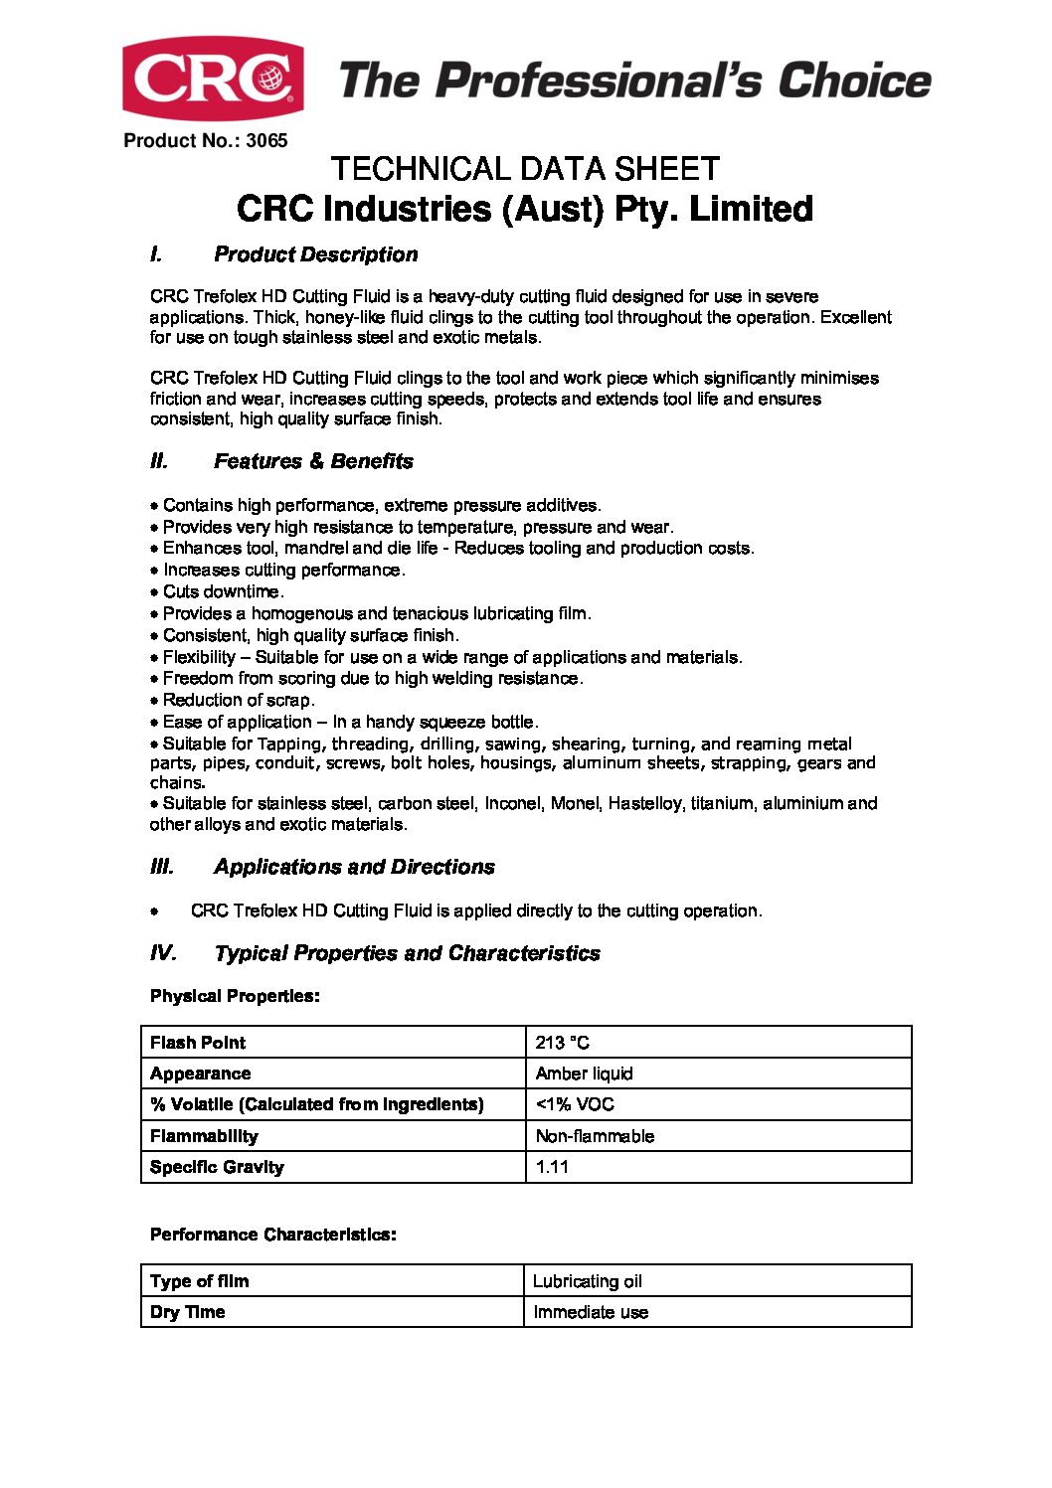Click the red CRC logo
213,79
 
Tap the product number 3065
266,141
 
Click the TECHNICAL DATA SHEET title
525,169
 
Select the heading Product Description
315,254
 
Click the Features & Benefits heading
313,461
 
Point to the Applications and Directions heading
354,867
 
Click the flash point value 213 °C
562,1043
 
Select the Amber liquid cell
584,1074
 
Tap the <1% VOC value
575,1104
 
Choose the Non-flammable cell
595,1136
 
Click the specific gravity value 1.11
552,1167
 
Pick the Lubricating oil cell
588,1281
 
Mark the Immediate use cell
591,1312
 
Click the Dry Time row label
187,1312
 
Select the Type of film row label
199,1281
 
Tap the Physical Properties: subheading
235,996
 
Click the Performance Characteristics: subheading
272,1235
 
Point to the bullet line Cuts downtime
223,591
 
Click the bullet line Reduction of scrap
238,700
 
